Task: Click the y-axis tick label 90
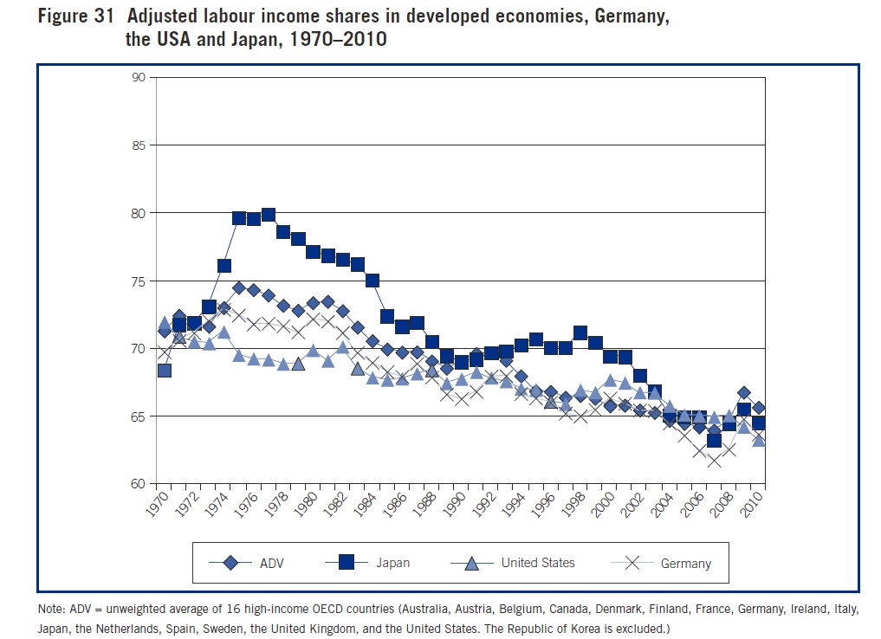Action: pos(138,77)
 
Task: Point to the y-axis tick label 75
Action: pos(138,281)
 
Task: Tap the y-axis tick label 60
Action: pos(138,483)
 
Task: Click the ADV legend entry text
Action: pos(272,563)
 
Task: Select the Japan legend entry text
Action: pos(393,563)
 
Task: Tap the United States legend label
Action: pos(538,563)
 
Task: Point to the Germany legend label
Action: pos(685,563)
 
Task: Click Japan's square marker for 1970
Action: pos(164,371)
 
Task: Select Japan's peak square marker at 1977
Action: pos(268,215)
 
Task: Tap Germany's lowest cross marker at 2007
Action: pos(714,460)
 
